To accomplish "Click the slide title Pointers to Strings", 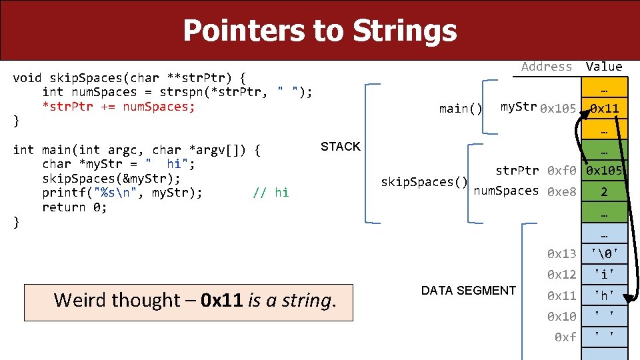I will [x=320, y=31].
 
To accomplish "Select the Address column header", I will [x=547, y=66].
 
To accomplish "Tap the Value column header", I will [x=603, y=66].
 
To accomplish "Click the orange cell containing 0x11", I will [x=604, y=108].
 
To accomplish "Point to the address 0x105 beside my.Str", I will [x=558, y=108].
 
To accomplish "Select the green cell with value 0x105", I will [x=604, y=171].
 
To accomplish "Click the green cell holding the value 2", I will [x=604, y=192].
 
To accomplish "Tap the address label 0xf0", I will [x=561, y=171].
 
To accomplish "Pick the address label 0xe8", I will [x=561, y=192].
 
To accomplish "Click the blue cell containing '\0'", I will [x=604, y=253].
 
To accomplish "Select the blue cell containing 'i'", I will [x=604, y=275].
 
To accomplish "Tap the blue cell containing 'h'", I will [x=604, y=295].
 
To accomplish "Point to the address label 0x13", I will [x=561, y=253].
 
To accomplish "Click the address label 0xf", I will [x=565, y=337].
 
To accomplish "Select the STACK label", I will [x=340, y=147].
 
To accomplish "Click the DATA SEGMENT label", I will [x=468, y=291].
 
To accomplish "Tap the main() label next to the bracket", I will [x=461, y=109].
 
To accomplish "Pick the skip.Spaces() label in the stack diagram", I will [x=423, y=181].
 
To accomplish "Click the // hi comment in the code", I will [x=271, y=193].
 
